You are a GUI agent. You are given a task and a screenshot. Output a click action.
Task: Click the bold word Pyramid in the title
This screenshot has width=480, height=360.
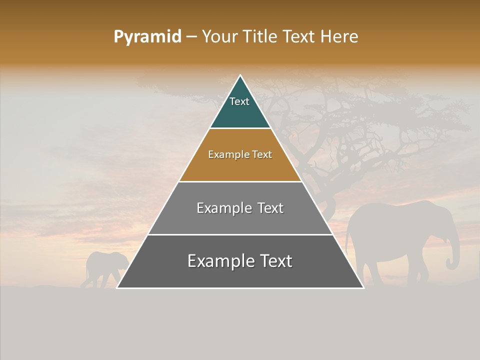tap(147, 36)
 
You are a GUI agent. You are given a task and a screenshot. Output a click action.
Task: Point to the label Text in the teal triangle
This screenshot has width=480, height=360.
tap(239, 101)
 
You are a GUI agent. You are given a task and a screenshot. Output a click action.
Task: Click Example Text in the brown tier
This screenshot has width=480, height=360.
tap(240, 154)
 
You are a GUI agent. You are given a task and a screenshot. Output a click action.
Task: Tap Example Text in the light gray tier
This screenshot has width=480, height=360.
tap(240, 208)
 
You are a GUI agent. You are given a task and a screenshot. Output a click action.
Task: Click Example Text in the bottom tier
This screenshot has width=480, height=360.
tap(240, 261)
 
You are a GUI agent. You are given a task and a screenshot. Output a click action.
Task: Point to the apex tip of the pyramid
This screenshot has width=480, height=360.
tap(240, 76)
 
